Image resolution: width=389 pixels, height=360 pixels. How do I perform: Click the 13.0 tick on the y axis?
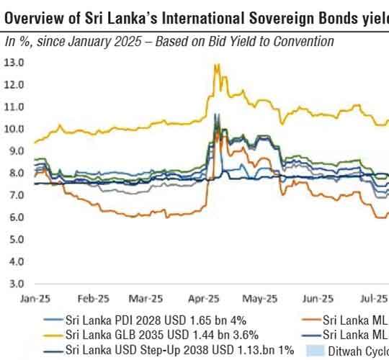coord(15,63)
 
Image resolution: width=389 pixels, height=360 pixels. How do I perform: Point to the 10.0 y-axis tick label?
coord(15,129)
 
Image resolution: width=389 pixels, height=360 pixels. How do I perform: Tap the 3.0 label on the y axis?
coord(15,283)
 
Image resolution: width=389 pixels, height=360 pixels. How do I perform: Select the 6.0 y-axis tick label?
coord(15,217)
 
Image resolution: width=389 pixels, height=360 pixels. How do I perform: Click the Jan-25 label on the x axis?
coord(28,298)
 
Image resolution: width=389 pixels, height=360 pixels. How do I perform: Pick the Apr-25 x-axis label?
coord(205,298)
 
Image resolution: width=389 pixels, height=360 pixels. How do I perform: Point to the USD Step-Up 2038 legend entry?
coord(169,350)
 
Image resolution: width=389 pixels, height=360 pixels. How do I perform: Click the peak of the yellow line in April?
coord(215,65)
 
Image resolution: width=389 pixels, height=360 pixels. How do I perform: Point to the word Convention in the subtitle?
coord(302,42)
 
